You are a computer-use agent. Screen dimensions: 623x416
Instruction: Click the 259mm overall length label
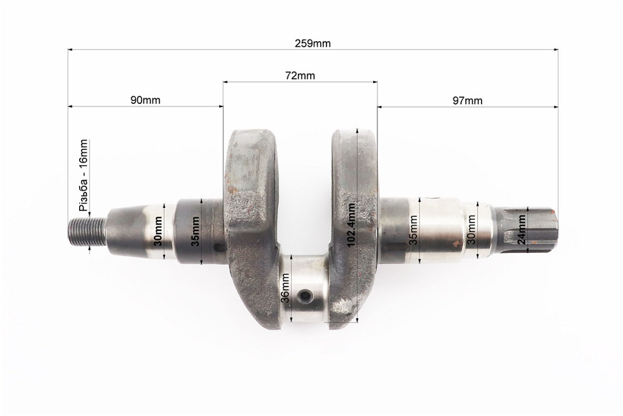(x=312, y=44)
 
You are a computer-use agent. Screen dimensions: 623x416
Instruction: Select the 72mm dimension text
(x=300, y=75)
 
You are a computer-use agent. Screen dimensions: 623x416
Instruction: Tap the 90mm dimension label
(x=145, y=100)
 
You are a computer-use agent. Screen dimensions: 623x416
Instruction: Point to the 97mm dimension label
(x=467, y=100)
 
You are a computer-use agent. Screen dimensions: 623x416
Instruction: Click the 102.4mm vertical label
(x=351, y=224)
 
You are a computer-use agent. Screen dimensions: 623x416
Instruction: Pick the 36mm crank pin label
(x=285, y=288)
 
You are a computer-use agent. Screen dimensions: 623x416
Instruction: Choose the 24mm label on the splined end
(x=521, y=229)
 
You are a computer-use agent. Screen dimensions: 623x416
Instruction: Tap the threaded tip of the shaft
(x=87, y=232)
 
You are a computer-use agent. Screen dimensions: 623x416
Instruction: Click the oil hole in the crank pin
(x=305, y=295)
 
